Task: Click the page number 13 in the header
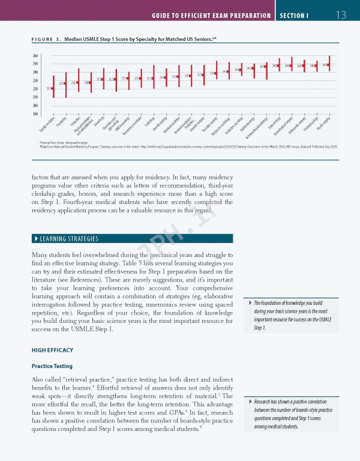[x=342, y=14]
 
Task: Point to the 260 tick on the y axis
[x=35, y=56]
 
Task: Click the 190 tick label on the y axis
[x=35, y=114]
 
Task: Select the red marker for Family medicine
[x=53, y=88]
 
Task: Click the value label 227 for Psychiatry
[x=61, y=83]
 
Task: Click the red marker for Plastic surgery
[x=329, y=64]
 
